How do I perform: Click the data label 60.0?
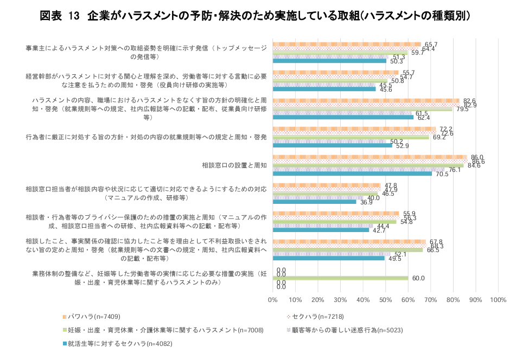click(x=418, y=278)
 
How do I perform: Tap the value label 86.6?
click(x=478, y=162)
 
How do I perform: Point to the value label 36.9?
click(x=366, y=202)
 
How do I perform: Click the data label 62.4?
click(x=423, y=118)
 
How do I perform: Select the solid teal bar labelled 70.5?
click(x=352, y=173)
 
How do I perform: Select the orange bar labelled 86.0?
click(x=370, y=157)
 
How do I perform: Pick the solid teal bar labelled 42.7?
click(x=321, y=230)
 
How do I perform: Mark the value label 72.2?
click(x=446, y=129)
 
